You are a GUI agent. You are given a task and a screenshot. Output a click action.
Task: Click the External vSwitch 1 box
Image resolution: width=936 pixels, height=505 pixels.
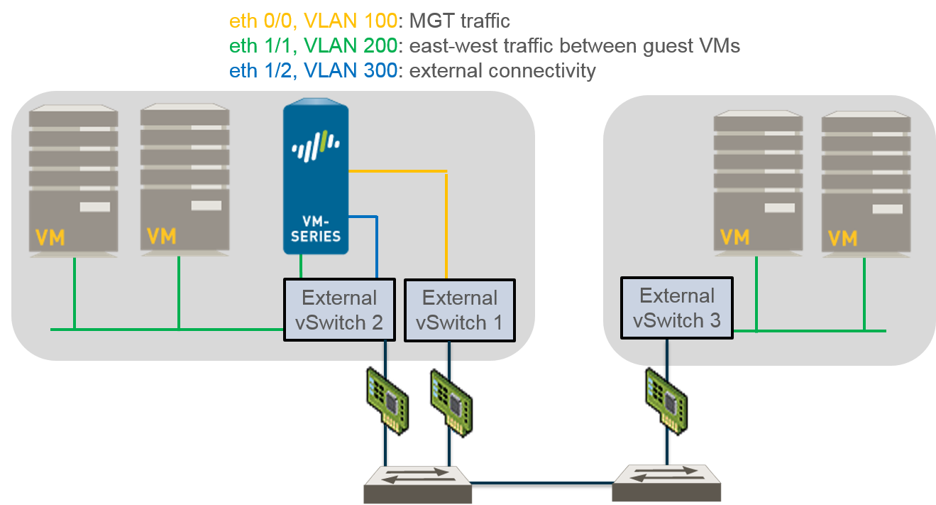pos(459,310)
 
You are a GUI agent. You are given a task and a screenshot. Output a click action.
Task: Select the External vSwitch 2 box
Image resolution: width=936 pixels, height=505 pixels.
pos(338,310)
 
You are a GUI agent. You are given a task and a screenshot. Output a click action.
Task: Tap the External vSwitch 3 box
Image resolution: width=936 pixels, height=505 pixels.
pos(676,308)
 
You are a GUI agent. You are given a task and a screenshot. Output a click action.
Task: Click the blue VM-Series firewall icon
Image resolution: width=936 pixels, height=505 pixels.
pos(316,178)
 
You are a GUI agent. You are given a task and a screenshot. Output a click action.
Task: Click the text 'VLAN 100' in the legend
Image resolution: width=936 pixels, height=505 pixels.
pos(356,21)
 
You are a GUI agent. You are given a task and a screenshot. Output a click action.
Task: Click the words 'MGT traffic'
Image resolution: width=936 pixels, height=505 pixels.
pos(460,21)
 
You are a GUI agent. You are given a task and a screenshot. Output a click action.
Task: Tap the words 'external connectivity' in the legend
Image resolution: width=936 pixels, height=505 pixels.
pos(503,71)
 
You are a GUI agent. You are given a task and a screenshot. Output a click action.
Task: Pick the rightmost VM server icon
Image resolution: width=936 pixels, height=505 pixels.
pos(866,181)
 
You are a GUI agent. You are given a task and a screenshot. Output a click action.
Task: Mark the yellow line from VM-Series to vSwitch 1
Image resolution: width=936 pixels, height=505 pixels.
pos(446,220)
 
